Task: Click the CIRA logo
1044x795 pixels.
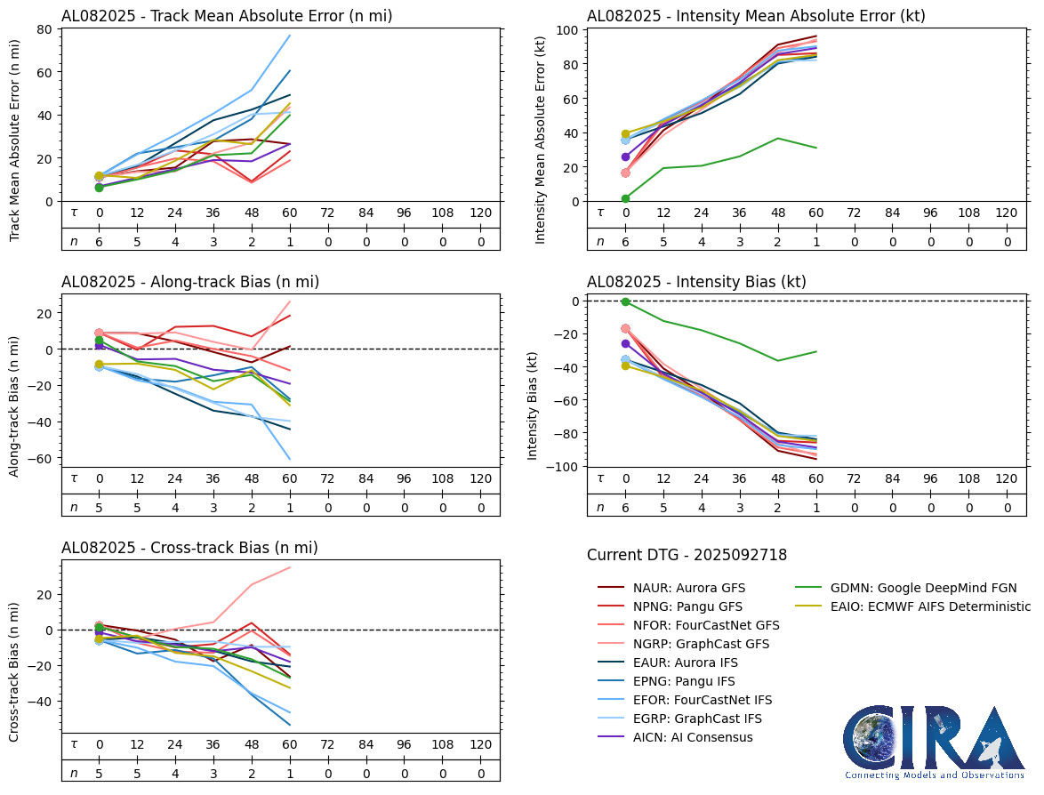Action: point(934,742)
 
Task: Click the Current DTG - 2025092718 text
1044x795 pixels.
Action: point(687,556)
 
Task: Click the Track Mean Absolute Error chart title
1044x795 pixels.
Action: point(227,16)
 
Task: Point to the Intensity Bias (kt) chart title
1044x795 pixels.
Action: point(696,282)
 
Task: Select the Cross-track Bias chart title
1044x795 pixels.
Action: point(189,548)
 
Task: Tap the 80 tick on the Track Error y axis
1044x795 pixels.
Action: point(44,28)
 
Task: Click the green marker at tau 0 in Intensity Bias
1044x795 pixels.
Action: point(626,302)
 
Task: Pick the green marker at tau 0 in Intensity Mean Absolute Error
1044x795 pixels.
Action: point(626,198)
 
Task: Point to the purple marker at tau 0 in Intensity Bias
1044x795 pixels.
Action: point(626,343)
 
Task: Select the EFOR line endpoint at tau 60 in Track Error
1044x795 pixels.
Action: point(290,36)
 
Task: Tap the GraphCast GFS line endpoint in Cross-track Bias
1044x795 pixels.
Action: point(290,567)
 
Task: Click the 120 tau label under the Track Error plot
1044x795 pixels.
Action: point(480,213)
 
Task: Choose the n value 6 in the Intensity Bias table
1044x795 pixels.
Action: point(626,508)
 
